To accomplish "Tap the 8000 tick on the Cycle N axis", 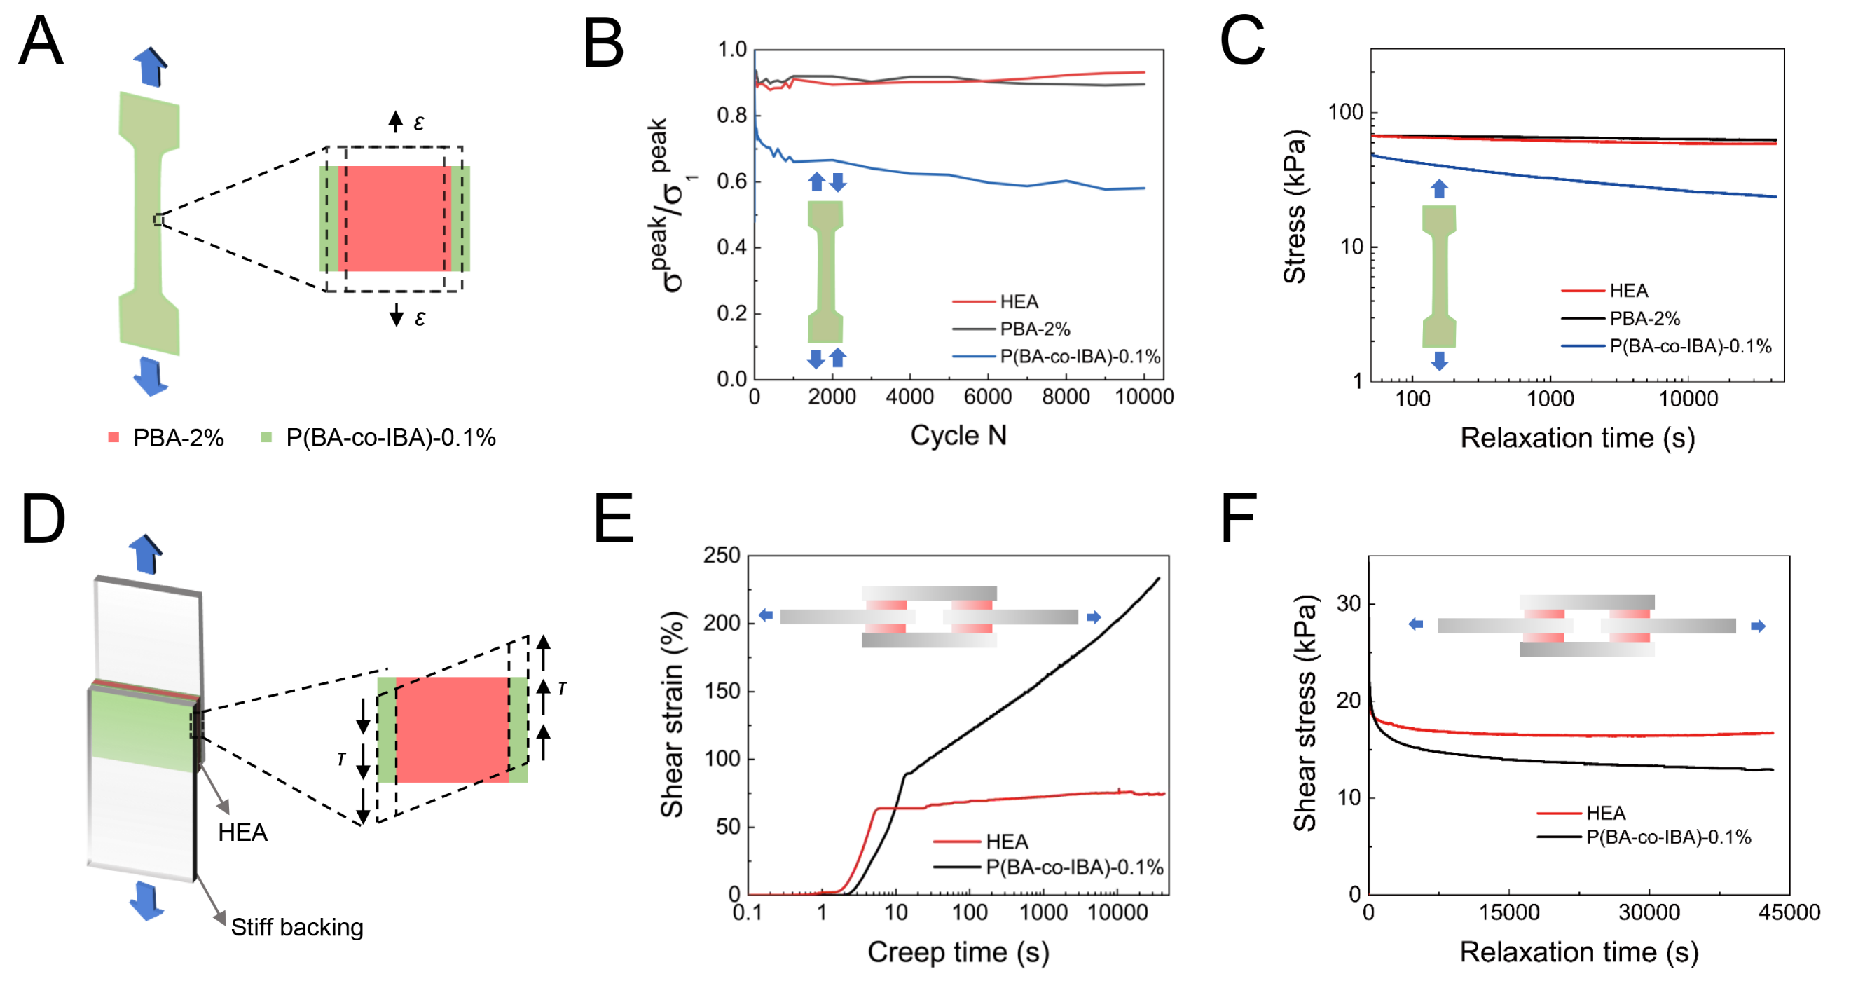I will click(x=1066, y=397).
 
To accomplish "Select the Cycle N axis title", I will click(x=958, y=436).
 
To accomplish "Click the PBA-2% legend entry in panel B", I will click(x=1035, y=329).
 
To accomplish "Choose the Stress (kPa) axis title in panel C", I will click(x=1295, y=207).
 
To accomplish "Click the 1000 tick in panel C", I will click(x=1550, y=399).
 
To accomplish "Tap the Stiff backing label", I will click(x=297, y=927).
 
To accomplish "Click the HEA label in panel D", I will click(x=243, y=832).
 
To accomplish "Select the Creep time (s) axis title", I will click(x=958, y=952).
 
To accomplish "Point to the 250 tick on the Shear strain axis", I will click(x=722, y=556).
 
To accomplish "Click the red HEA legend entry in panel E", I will click(x=1007, y=842).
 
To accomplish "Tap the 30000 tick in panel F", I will click(x=1649, y=913).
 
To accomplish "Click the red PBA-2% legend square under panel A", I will click(x=113, y=437).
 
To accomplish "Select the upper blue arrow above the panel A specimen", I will click(x=150, y=66).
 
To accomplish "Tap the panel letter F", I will click(x=1239, y=519).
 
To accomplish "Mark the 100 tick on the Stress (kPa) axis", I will click(x=1346, y=112).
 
